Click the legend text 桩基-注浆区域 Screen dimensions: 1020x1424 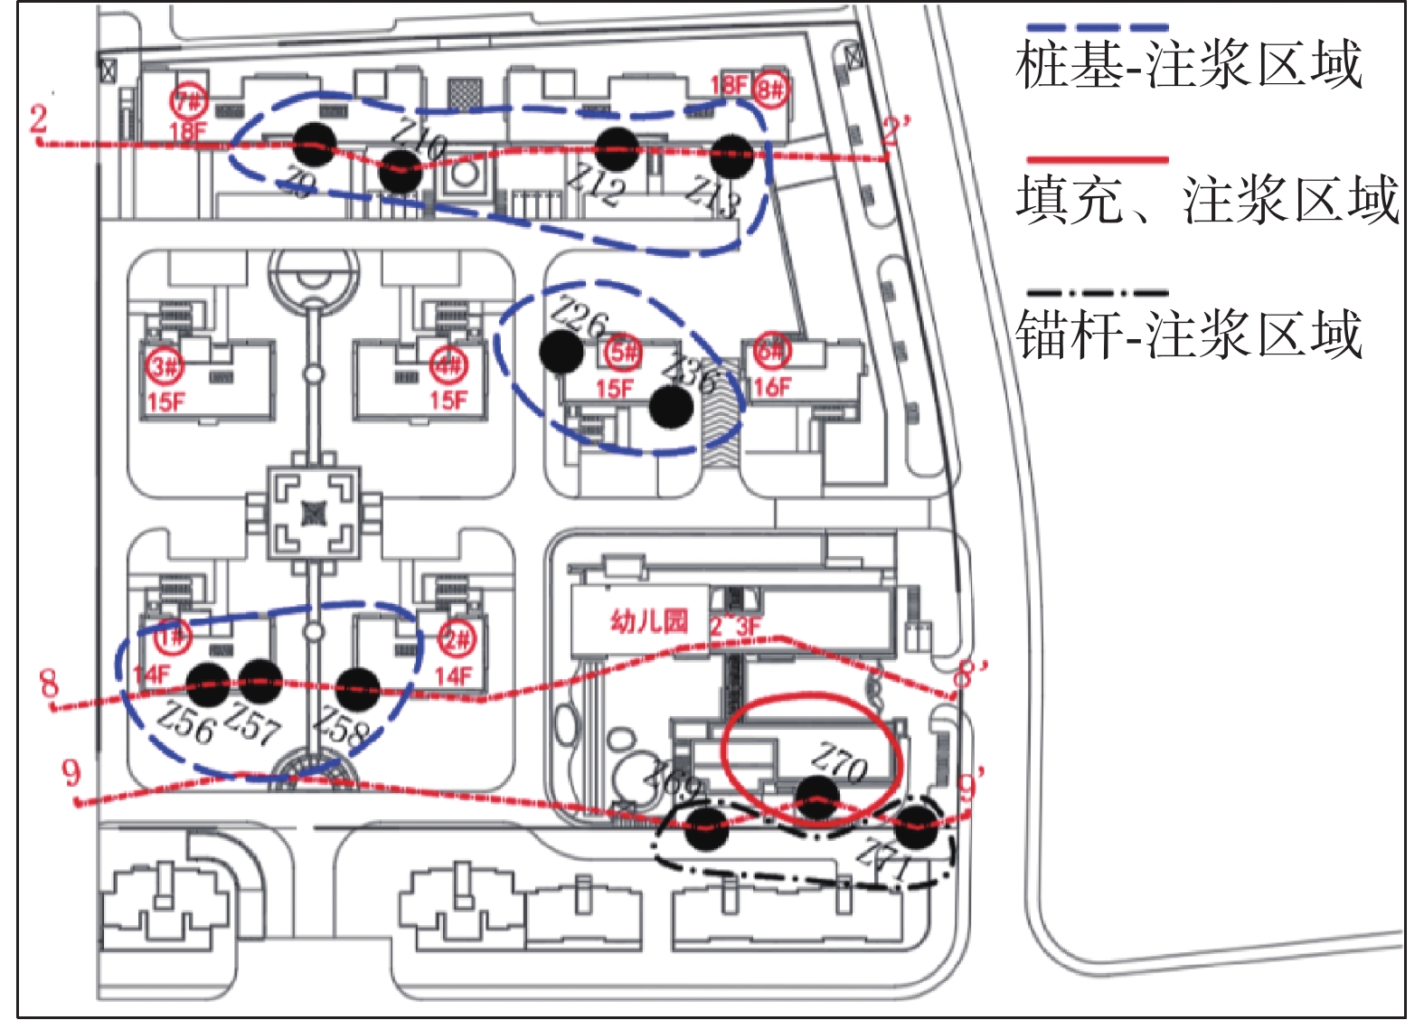click(x=1188, y=65)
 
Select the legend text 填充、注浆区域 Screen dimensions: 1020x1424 click(x=1207, y=200)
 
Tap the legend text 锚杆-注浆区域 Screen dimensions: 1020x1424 click(x=1188, y=335)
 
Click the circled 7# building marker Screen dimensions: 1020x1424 click(x=190, y=101)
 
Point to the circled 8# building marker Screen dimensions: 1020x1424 click(x=770, y=90)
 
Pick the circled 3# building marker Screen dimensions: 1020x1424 click(x=165, y=367)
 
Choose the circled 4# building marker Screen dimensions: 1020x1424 click(x=448, y=366)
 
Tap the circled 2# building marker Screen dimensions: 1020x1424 click(x=457, y=640)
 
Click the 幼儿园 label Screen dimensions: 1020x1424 click(x=649, y=621)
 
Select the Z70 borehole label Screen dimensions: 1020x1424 click(x=838, y=763)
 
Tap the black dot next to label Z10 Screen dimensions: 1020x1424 click(x=400, y=171)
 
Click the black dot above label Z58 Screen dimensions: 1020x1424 click(x=357, y=689)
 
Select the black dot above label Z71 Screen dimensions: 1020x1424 click(x=916, y=826)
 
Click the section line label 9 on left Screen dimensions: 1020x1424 click(x=71, y=773)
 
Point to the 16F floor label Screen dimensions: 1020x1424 click(x=771, y=388)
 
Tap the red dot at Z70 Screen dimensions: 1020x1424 click(x=817, y=799)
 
